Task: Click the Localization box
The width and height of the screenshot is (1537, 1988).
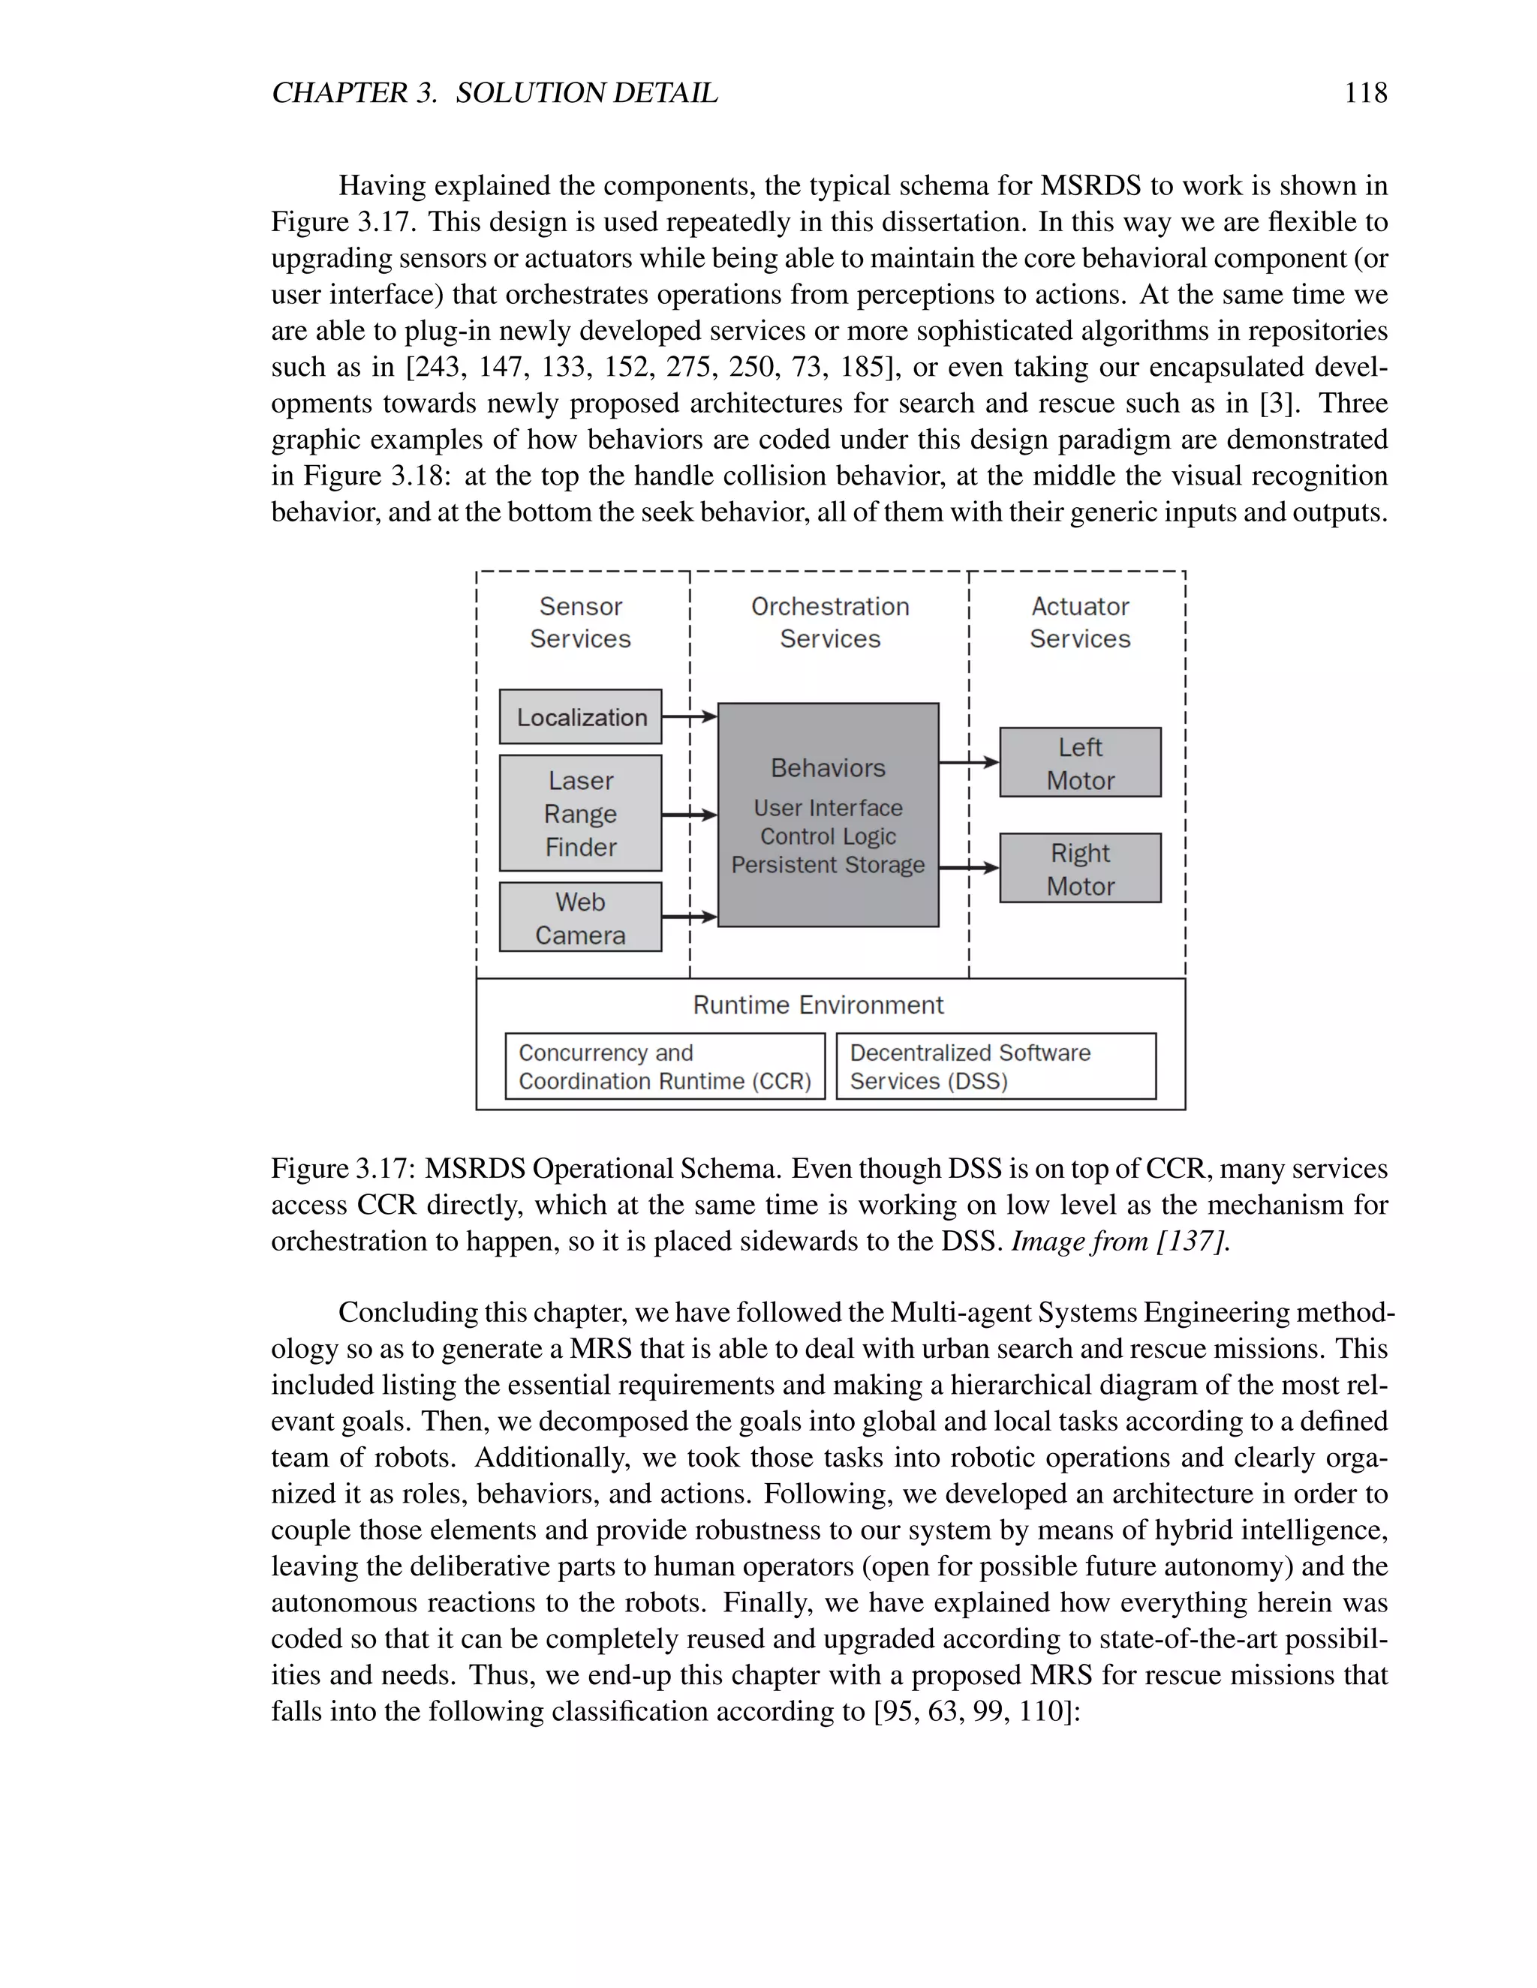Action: pos(580,716)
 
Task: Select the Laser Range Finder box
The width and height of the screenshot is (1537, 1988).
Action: pos(580,813)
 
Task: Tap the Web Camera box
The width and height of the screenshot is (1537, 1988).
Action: pos(580,917)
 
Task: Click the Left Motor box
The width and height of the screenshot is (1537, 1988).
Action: pos(1080,763)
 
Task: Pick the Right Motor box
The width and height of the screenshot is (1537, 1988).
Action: pos(1080,869)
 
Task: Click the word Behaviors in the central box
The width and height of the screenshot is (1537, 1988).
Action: pos(828,768)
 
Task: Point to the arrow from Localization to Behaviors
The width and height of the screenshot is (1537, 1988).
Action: pos(689,716)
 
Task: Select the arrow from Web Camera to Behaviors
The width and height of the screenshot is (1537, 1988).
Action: pos(689,917)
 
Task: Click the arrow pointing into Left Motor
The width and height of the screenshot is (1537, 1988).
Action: pos(969,763)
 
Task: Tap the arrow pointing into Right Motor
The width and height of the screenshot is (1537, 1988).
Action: pos(969,869)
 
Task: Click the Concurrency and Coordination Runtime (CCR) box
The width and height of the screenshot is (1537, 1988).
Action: pos(665,1066)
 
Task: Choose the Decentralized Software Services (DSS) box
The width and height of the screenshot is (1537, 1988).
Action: pos(996,1066)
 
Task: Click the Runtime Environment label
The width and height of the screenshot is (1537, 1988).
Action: pos(818,1005)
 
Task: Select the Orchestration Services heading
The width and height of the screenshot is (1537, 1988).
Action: pos(829,623)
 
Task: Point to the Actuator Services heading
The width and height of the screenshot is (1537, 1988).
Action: pos(1080,623)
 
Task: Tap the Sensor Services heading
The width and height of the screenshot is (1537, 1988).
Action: pos(580,623)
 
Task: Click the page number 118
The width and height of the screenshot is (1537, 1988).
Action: pos(1366,93)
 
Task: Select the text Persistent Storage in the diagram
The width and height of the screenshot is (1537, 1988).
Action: pos(828,865)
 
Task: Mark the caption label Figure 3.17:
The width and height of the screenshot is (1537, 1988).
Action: pos(343,1169)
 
